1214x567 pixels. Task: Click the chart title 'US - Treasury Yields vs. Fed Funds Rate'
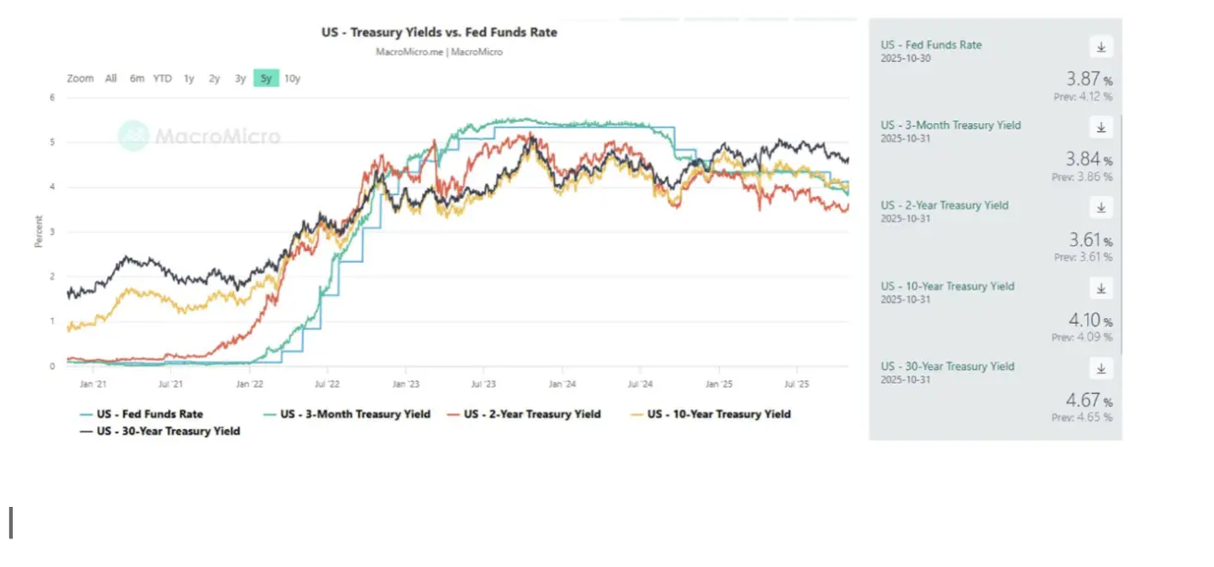pos(440,32)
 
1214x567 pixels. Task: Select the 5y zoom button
pos(266,79)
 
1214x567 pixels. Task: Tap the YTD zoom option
pos(162,79)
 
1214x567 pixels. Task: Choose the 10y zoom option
pos(291,79)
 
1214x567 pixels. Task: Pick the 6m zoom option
pos(137,79)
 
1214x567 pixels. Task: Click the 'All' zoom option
pos(111,79)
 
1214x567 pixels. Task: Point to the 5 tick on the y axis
pos(53,142)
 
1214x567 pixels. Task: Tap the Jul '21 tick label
pos(169,382)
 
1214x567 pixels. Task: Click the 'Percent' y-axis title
pos(39,231)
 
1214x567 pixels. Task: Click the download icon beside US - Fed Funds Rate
pos(1101,47)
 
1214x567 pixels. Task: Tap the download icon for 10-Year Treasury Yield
pos(1101,289)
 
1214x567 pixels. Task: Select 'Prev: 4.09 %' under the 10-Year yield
pos(1082,338)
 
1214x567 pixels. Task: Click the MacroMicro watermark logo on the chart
pos(200,137)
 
